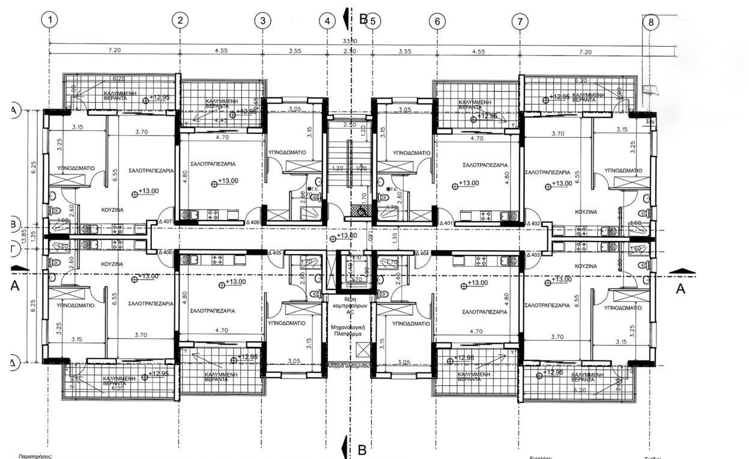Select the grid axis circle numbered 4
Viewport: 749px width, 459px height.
click(x=327, y=21)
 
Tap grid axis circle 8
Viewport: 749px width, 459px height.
click(x=650, y=22)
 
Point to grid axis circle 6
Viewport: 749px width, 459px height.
click(x=437, y=21)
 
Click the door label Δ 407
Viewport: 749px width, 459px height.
click(x=165, y=222)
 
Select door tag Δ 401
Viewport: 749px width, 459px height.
click(x=446, y=223)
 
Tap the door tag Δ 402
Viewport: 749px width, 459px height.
click(x=533, y=223)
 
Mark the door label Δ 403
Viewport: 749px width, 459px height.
click(x=533, y=255)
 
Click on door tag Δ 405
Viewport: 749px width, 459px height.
click(x=274, y=253)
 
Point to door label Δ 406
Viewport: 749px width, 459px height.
click(x=165, y=253)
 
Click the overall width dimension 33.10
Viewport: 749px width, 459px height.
click(x=350, y=41)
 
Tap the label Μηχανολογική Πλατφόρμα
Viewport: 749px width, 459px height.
click(x=350, y=332)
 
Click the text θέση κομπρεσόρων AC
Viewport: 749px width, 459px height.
click(x=350, y=305)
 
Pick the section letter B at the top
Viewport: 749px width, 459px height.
click(x=363, y=19)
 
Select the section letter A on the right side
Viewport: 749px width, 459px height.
click(x=681, y=289)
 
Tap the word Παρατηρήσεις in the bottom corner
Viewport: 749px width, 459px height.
click(x=36, y=457)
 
